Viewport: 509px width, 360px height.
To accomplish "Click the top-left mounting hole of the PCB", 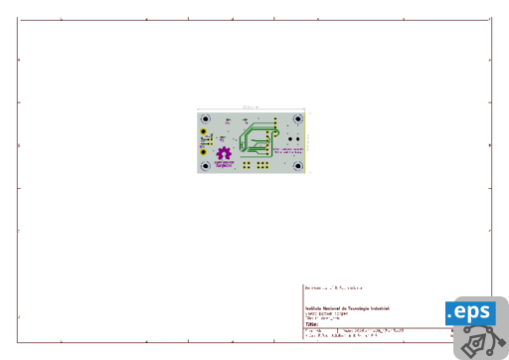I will click(205, 117).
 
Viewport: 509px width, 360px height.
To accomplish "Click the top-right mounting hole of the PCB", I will click(298, 117).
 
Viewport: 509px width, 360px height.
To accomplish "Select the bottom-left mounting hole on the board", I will click(205, 166).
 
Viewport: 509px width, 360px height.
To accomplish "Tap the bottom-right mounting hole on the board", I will click(298, 166).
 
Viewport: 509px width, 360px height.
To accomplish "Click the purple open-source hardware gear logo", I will click(225, 153).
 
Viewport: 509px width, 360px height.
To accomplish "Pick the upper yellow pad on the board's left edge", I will click(204, 131).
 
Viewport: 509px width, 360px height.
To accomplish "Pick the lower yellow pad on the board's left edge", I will click(204, 152).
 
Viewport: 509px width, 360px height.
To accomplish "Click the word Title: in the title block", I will click(311, 324).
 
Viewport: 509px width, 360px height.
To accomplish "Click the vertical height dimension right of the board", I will click(308, 141).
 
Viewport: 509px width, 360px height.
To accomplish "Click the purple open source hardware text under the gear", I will click(225, 163).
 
